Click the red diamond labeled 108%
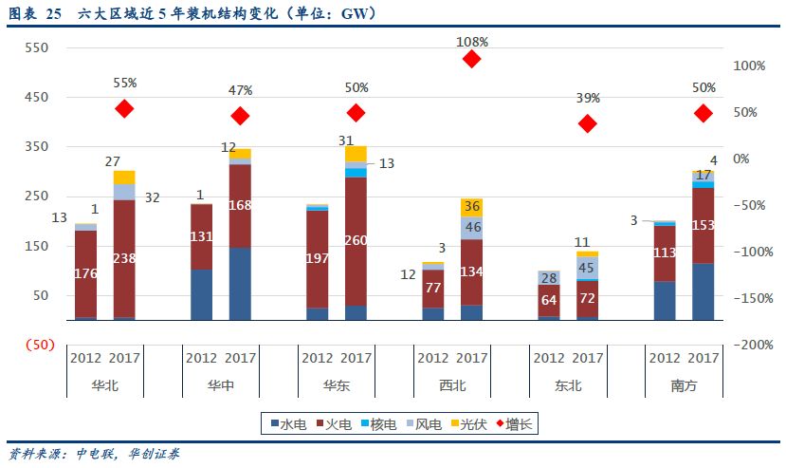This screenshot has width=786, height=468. click(x=471, y=59)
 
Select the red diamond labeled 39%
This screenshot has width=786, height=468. click(x=587, y=123)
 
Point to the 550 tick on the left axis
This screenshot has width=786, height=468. click(x=37, y=47)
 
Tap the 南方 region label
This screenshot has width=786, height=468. click(x=683, y=385)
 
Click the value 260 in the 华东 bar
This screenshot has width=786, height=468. click(x=356, y=240)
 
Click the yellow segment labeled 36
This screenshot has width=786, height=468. click(x=471, y=206)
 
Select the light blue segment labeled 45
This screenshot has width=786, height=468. click(x=587, y=268)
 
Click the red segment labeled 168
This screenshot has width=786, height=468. click(x=240, y=205)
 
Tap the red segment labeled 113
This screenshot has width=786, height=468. click(x=664, y=253)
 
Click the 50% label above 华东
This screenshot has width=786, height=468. click(x=356, y=87)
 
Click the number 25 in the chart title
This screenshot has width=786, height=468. click(x=54, y=13)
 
